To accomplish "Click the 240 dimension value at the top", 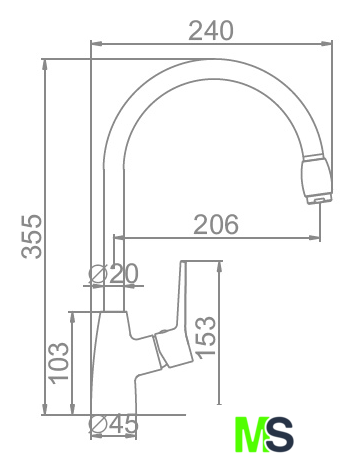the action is point(211,31).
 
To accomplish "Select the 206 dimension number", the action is point(216,224).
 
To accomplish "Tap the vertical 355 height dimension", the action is point(32,236).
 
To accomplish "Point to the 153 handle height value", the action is point(206,337).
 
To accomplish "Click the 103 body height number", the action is point(59,362).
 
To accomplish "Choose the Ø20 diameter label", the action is point(113,274).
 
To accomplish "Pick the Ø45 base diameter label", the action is point(113,424).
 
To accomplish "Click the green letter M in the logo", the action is point(252,434).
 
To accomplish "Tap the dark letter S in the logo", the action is point(280,434).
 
